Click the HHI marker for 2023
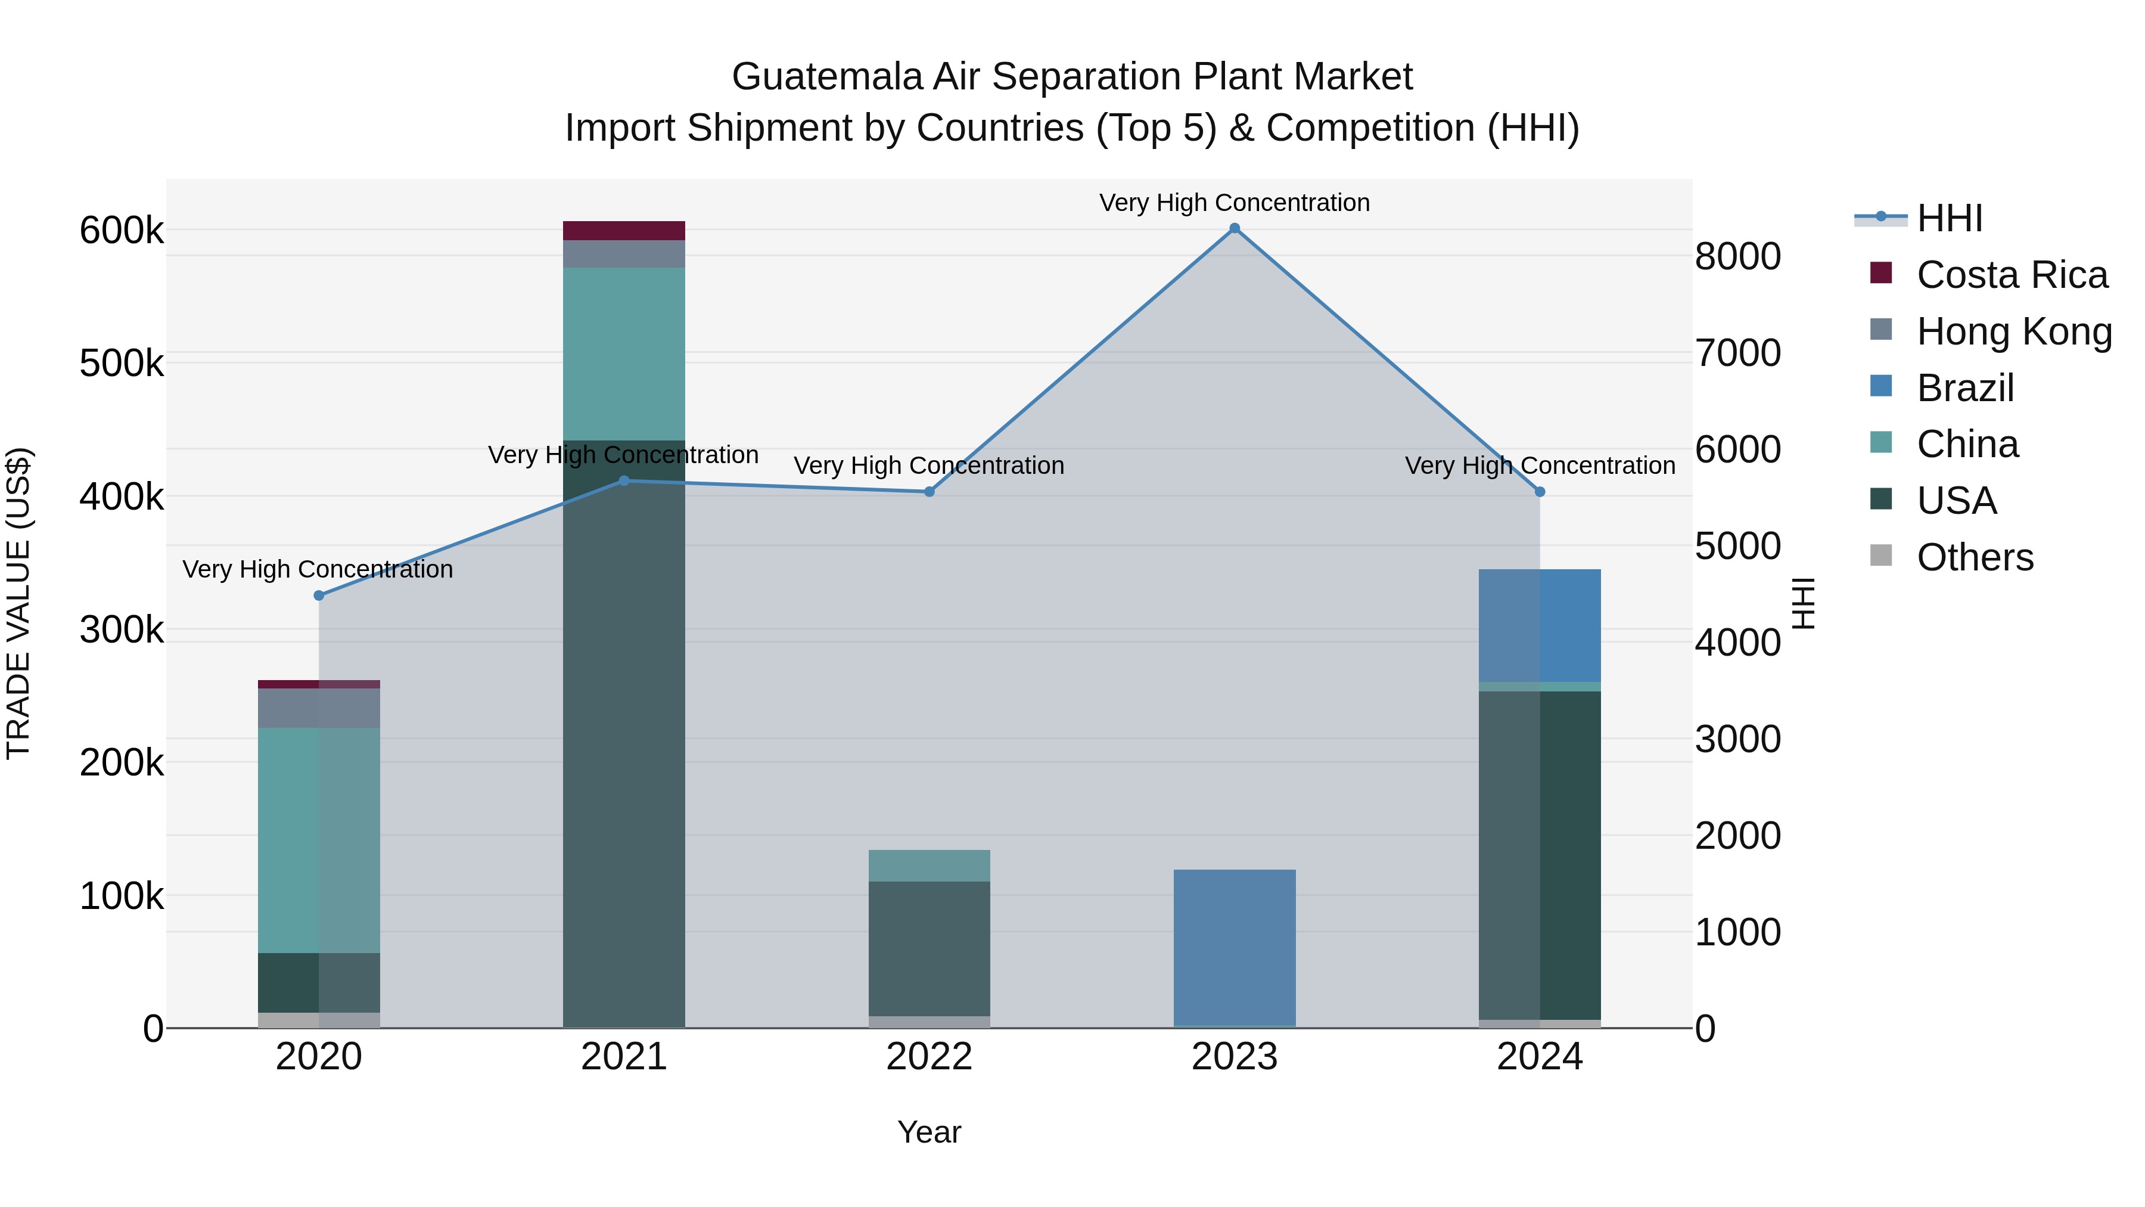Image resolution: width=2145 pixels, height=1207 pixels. pos(1235,228)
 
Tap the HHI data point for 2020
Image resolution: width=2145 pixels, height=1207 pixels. pos(319,595)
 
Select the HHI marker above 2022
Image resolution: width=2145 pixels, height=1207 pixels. pos(930,492)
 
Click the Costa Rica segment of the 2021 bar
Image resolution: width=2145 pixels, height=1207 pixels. pos(624,231)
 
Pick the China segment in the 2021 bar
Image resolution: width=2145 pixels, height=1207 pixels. pos(624,354)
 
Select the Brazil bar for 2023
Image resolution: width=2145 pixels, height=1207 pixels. pos(1235,947)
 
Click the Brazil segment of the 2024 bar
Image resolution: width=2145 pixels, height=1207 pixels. pos(1540,626)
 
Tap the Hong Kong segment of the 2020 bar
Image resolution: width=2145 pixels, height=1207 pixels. pos(319,708)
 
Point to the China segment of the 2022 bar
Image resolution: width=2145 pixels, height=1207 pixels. pos(929,865)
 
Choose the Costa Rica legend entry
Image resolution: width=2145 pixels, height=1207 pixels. pos(2011,275)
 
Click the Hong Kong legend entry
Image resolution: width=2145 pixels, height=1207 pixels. pos(2013,331)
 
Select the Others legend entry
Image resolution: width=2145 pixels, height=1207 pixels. pos(1975,557)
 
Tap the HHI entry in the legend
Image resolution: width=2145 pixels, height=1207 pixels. pos(1948,218)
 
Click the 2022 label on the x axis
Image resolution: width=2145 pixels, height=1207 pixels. pos(929,1057)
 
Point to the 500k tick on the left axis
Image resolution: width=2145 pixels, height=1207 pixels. pos(122,364)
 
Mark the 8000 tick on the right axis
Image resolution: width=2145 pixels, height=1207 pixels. pos(1738,256)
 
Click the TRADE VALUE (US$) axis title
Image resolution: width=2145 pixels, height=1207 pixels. pos(18,603)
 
